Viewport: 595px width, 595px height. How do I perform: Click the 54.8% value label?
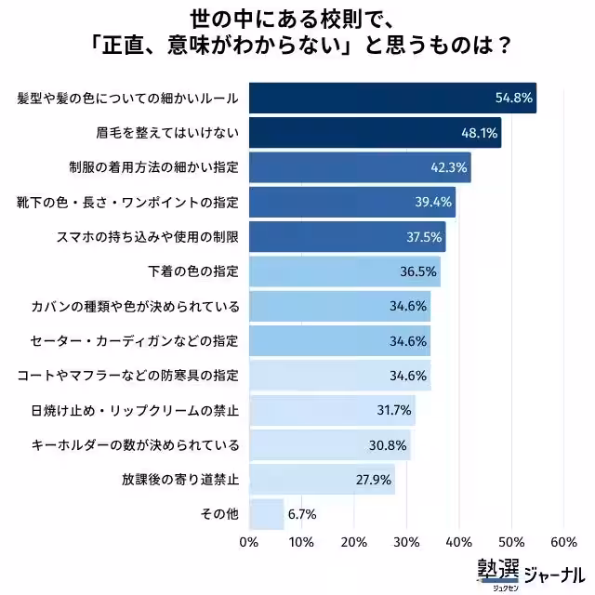click(512, 98)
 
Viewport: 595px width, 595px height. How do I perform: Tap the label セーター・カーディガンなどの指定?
click(135, 341)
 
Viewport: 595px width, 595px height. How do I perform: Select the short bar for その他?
click(267, 514)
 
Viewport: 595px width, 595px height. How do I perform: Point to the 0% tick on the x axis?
click(249, 542)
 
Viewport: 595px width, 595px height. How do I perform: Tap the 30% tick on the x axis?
click(406, 542)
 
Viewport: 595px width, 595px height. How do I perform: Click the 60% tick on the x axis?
click(563, 542)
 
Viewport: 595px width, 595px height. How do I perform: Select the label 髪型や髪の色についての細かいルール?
click(128, 98)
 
